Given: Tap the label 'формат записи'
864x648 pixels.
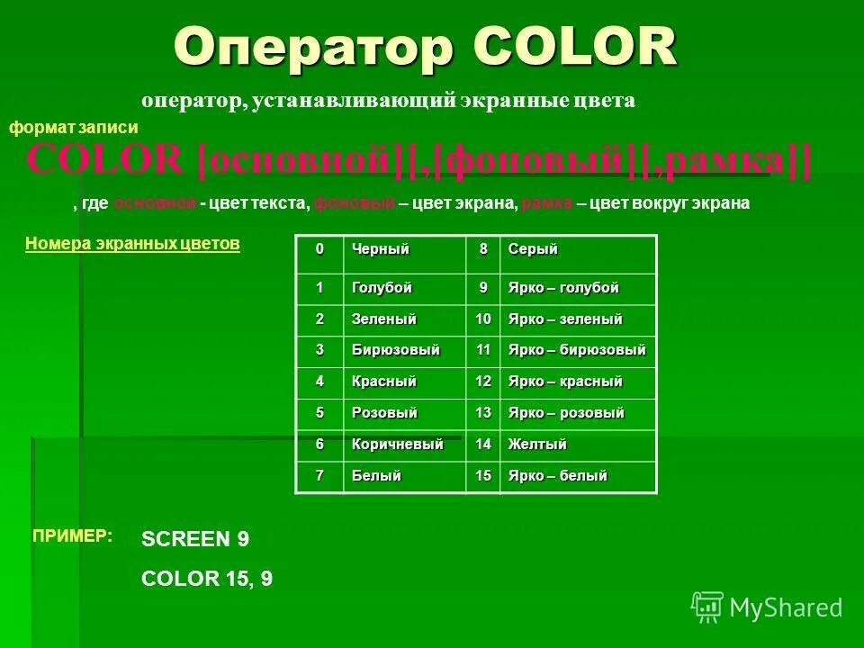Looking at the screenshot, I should [x=74, y=129].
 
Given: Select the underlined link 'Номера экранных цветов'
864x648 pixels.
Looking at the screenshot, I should [x=133, y=243].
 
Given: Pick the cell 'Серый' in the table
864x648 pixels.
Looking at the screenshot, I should [x=534, y=249].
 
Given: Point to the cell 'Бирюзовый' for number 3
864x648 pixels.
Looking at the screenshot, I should [x=395, y=349].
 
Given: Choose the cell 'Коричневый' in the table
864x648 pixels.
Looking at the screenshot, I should [x=397, y=445].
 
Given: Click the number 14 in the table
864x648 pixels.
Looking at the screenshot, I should [x=483, y=445].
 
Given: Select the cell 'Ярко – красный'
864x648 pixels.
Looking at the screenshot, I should [x=565, y=382].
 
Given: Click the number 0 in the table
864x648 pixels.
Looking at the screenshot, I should [x=318, y=249].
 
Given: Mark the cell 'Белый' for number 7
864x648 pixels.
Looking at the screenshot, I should [x=376, y=475].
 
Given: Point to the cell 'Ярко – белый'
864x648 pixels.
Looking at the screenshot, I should [x=558, y=475].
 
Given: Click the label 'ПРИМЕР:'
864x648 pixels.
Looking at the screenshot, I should [x=73, y=536].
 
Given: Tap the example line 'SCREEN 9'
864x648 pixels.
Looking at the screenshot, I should [x=195, y=539].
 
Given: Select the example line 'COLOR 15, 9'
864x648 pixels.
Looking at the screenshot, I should [x=207, y=579].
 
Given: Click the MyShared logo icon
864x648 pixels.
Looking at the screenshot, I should [x=707, y=607].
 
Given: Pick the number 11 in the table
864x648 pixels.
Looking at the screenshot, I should [x=483, y=349].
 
